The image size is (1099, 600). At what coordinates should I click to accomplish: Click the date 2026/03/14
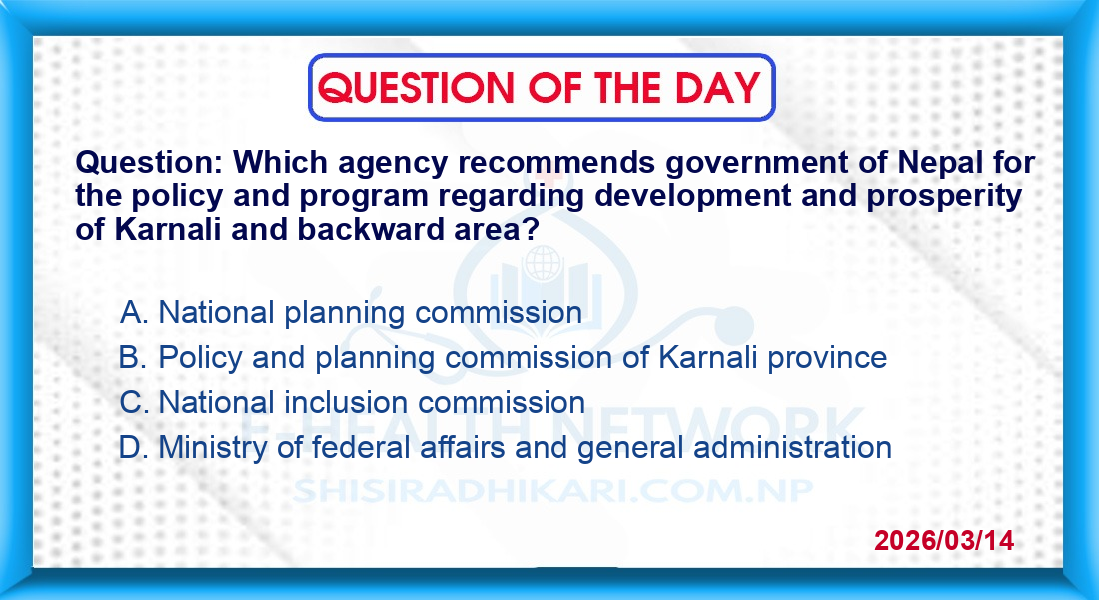(944, 540)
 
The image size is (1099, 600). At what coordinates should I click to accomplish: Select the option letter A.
(133, 312)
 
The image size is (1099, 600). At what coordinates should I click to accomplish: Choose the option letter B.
(133, 357)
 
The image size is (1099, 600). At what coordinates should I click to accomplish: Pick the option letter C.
(133, 402)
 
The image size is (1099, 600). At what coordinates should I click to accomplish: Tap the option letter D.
(133, 447)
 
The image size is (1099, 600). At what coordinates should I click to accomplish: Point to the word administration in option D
(792, 448)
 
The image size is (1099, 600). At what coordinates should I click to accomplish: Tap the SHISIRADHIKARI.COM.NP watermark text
(552, 491)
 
